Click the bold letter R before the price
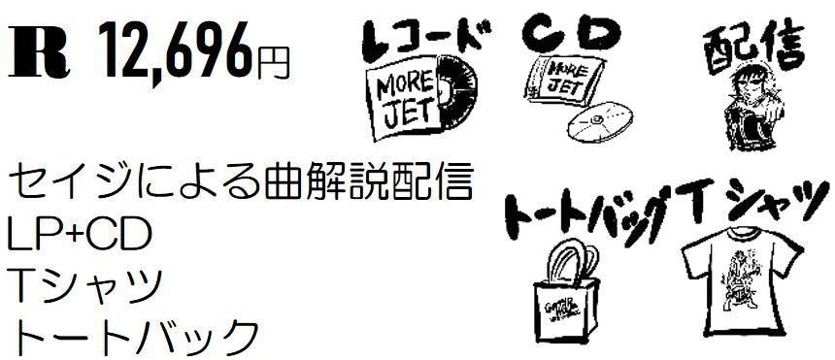39,55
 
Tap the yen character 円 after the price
273,62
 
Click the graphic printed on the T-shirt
740,277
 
